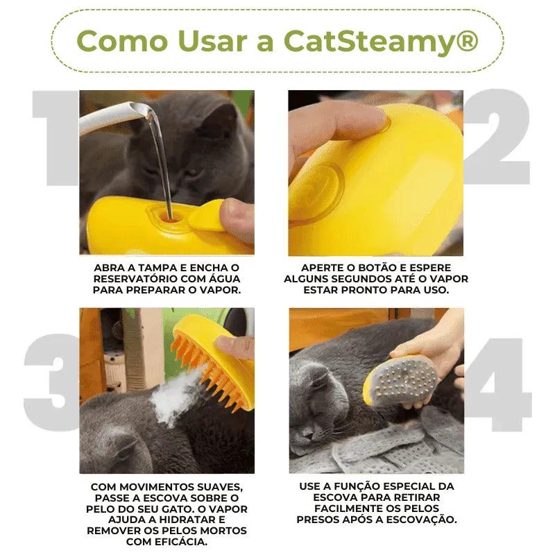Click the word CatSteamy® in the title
(381, 41)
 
